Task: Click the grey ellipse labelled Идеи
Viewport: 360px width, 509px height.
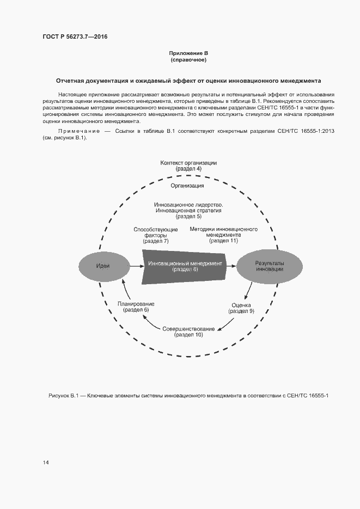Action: pyautogui.click(x=103, y=266)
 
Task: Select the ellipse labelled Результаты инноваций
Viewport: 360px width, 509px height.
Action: pyautogui.click(x=269, y=266)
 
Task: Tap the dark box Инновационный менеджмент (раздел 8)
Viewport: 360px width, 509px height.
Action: pyautogui.click(x=185, y=266)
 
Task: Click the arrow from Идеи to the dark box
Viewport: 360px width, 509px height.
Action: pyautogui.click(x=136, y=266)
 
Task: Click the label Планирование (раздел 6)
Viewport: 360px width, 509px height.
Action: pyautogui.click(x=136, y=306)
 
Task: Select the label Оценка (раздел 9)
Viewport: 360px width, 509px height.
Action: pyautogui.click(x=241, y=308)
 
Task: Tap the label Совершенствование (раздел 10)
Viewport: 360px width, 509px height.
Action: pyautogui.click(x=188, y=332)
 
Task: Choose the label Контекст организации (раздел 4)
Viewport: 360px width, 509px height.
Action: pyautogui.click(x=188, y=166)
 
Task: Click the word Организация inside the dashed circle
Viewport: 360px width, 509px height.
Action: pyautogui.click(x=187, y=186)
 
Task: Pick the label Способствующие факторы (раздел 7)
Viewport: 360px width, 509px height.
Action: pyautogui.click(x=155, y=235)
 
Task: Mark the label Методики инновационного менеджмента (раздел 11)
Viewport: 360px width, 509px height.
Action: pyautogui.click(x=223, y=235)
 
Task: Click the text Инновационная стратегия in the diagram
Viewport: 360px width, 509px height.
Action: pyautogui.click(x=188, y=210)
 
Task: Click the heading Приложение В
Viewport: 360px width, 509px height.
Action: pyautogui.click(x=188, y=53)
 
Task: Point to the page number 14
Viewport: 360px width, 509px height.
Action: pyautogui.click(x=46, y=462)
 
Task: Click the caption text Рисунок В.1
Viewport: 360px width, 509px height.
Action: pyautogui.click(x=64, y=395)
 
